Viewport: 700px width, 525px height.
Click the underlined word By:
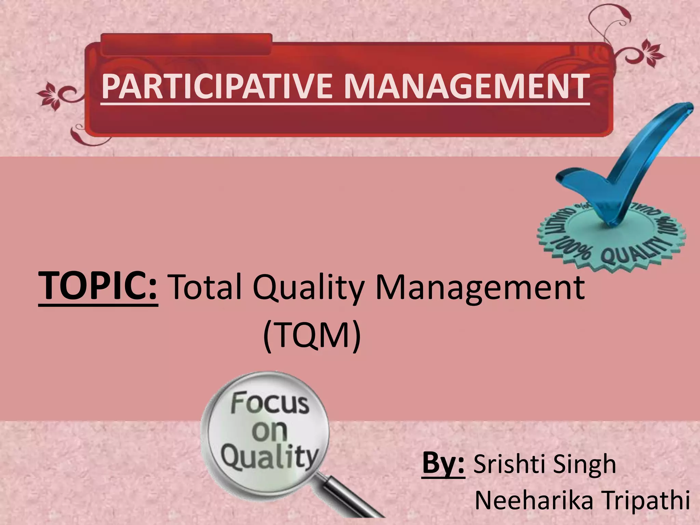click(x=443, y=463)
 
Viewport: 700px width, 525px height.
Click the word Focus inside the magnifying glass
click(x=269, y=403)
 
